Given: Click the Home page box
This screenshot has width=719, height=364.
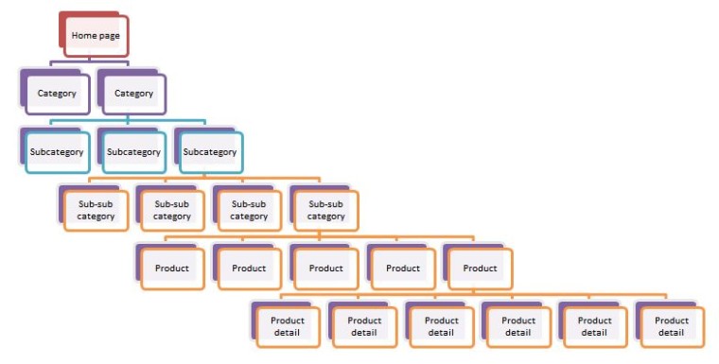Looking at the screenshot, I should [97, 36].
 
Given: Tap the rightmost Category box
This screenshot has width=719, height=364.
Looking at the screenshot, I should [133, 94].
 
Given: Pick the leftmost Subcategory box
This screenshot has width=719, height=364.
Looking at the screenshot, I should [57, 151].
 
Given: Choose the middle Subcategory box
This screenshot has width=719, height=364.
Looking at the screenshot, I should [133, 151].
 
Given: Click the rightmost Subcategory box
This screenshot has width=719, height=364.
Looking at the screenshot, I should [210, 151].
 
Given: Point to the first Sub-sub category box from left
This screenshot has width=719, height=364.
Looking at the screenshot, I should [96, 210].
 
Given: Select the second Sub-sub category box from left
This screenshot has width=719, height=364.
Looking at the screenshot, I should [172, 210].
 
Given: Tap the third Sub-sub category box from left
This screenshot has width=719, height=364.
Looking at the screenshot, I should [249, 210].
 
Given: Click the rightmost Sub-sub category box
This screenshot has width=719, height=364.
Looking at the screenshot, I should [326, 210].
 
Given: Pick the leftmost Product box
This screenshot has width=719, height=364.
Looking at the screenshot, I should [172, 268].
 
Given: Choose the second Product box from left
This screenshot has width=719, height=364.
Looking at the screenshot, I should [249, 268].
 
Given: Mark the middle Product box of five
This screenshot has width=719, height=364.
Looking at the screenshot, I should [326, 268].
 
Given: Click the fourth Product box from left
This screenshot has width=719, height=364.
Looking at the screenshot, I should [403, 268].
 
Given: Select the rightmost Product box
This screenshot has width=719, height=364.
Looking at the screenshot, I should [480, 268].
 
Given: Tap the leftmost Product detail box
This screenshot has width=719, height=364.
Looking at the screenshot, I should [288, 326].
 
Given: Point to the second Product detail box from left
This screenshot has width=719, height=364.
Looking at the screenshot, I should [364, 326].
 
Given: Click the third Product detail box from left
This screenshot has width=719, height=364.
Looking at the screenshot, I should [441, 326].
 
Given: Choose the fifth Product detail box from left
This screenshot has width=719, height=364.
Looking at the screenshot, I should [594, 326].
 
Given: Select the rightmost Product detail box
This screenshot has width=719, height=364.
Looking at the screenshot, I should [671, 326].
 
